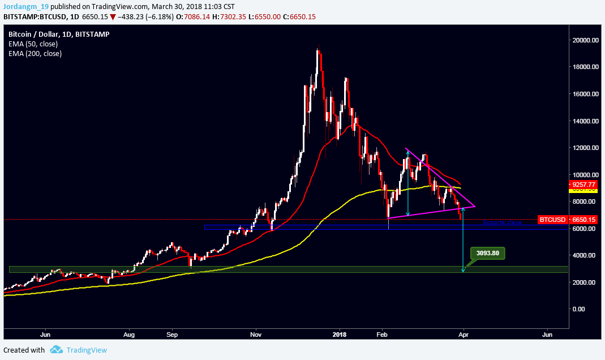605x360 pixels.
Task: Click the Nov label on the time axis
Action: [256, 335]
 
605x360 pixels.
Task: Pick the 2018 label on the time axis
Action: [340, 335]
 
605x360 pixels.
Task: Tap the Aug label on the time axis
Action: [130, 335]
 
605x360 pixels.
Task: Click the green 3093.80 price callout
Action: [487, 253]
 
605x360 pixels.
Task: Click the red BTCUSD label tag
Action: [551, 219]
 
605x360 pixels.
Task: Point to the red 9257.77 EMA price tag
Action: [583, 185]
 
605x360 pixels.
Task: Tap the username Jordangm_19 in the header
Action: [25, 7]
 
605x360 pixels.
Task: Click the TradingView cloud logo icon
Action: [55, 350]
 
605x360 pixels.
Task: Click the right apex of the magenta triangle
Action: [475, 207]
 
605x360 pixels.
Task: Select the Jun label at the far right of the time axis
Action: [547, 335]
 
